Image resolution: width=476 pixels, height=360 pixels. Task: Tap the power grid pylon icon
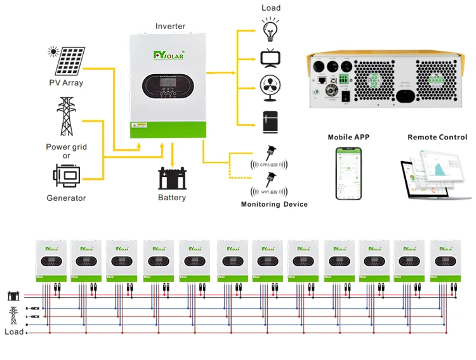(x=66, y=117)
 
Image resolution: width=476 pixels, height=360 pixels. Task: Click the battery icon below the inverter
(x=172, y=178)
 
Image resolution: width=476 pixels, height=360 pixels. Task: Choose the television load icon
(x=268, y=57)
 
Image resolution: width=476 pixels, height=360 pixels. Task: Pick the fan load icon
(x=268, y=87)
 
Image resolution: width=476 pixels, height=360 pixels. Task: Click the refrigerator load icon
(x=268, y=121)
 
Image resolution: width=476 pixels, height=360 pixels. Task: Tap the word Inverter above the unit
(x=171, y=27)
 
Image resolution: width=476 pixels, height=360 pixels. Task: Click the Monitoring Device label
(x=274, y=204)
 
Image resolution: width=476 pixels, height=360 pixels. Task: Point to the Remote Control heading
(x=437, y=137)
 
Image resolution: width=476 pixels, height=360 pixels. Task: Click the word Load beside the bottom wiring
(x=14, y=331)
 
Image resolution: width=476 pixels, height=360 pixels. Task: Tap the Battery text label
(x=172, y=198)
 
